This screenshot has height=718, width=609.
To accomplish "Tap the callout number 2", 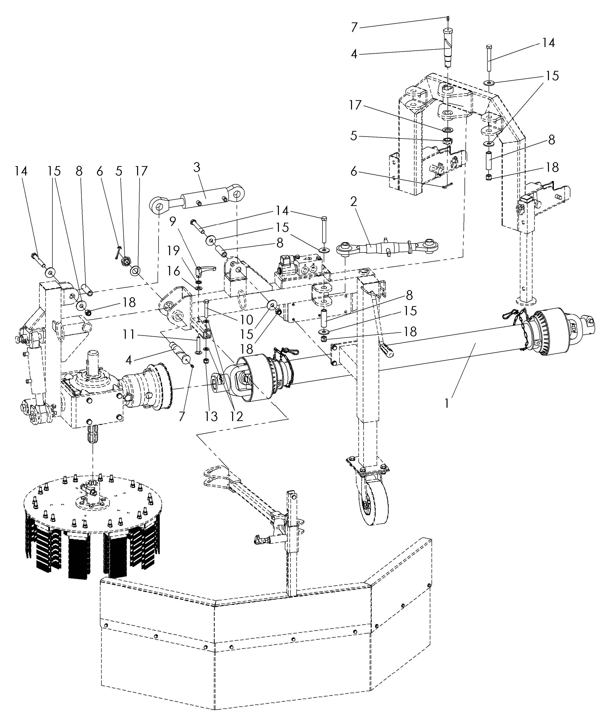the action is pos(353,202).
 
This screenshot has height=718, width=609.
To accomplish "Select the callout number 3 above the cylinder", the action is pos(196,168).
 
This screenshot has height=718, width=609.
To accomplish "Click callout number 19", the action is pos(173,251).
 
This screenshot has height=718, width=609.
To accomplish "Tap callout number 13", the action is pos(211,416).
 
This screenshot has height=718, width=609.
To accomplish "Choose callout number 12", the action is pos(237,416).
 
